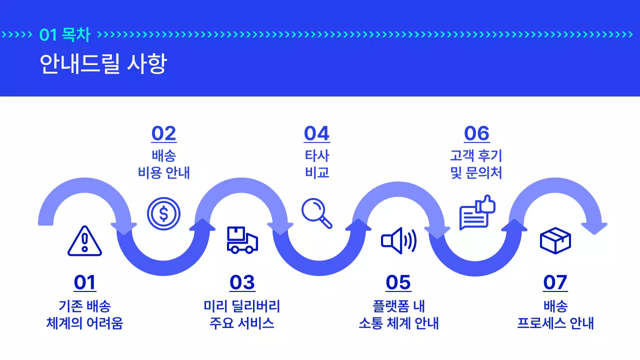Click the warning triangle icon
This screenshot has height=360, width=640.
[84, 241]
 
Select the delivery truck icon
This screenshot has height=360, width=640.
[242, 240]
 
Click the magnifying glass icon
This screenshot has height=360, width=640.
[317, 213]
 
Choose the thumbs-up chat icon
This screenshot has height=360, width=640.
[477, 212]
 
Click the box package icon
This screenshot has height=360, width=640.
[555, 240]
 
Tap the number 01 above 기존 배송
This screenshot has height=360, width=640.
[84, 283]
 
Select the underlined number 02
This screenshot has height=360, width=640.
[164, 134]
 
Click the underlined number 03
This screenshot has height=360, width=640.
[242, 283]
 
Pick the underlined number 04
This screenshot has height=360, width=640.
[317, 134]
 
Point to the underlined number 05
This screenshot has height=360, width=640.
[398, 283]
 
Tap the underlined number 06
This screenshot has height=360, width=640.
[476, 134]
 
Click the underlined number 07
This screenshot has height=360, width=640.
[555, 283]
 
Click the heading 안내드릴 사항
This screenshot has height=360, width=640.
[103, 64]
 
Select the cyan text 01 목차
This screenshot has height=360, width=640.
[65, 35]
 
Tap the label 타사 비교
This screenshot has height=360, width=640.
[317, 164]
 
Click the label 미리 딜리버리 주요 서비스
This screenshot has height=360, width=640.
[242, 314]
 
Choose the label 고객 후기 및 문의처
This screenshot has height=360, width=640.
[476, 164]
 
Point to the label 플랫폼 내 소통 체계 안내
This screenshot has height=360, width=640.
[398, 314]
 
